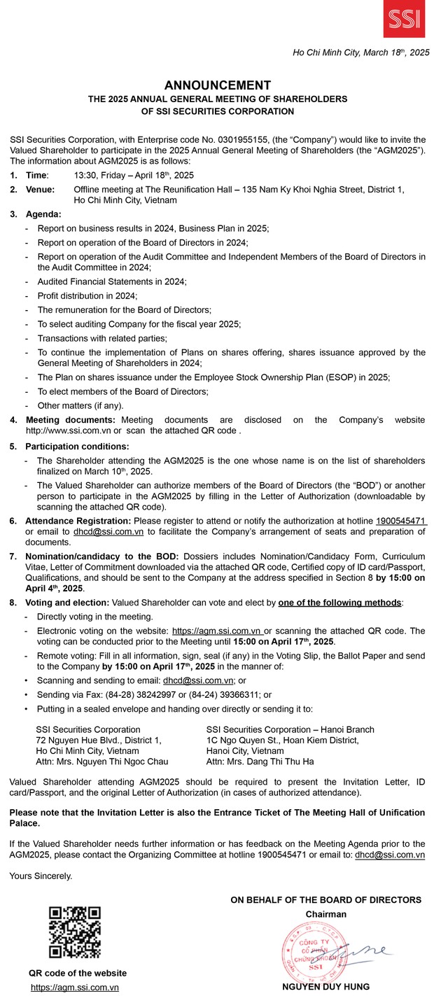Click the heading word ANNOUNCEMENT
tap(223, 85)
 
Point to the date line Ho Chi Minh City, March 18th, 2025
tap(360, 52)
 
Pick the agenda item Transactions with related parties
tap(102, 337)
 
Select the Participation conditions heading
tap(77, 446)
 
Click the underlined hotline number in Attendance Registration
tap(401, 521)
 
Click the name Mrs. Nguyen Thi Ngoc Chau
tap(101, 761)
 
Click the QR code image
tap(75, 932)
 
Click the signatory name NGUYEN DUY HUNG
tap(326, 986)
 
